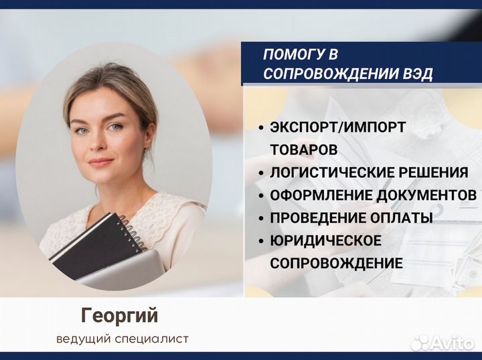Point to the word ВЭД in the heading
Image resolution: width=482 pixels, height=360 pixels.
coord(417,74)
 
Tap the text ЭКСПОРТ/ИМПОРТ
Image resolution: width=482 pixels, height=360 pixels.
coord(338,127)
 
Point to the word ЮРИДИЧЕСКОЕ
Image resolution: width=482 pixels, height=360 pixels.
coord(326,240)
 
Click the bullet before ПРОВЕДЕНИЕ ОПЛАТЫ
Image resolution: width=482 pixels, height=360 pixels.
coord(259,218)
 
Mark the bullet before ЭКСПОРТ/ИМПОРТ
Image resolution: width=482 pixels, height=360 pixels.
coord(259,128)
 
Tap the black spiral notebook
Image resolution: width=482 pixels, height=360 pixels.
coord(94,244)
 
